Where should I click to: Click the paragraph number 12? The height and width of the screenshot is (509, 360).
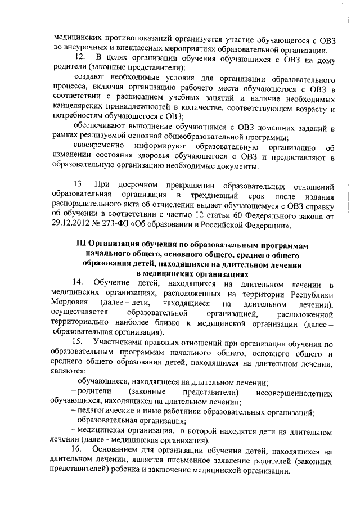80,57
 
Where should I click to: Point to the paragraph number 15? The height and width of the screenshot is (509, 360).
80,342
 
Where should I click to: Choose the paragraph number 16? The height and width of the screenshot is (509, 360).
80,451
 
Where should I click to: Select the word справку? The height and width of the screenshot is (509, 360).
317,205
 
